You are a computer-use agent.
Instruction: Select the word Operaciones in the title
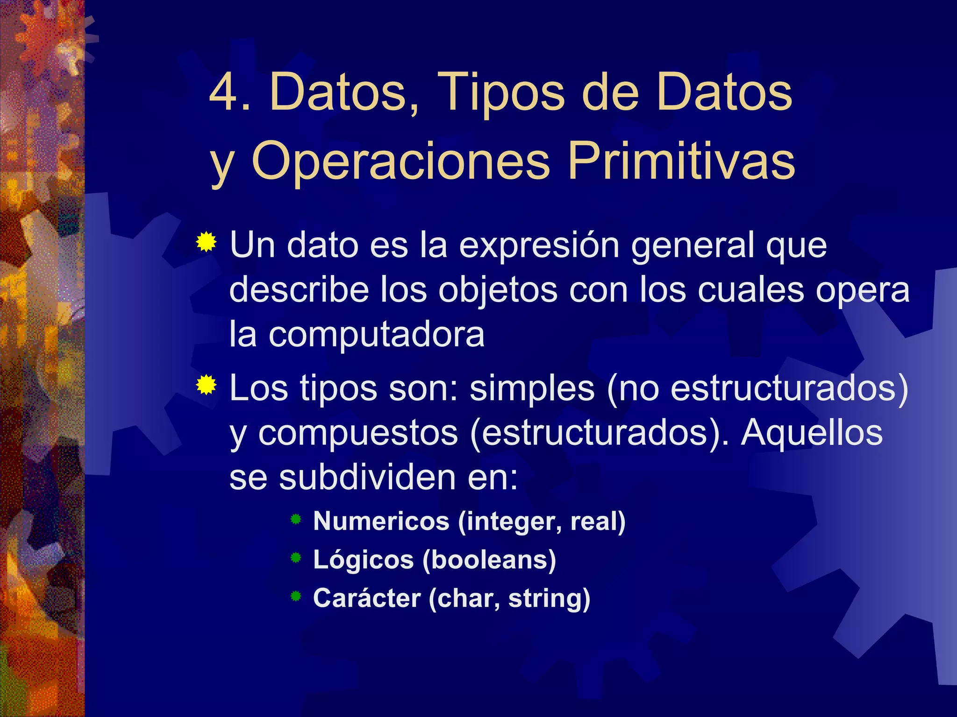401,162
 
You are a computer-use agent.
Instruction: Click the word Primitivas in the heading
681,162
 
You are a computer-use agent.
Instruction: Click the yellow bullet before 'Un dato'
206,242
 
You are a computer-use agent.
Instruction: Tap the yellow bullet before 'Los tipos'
206,386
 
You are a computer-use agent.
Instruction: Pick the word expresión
539,246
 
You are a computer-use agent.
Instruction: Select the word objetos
498,291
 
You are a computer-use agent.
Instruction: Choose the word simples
532,389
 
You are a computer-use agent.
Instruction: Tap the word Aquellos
812,433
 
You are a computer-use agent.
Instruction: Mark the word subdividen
367,478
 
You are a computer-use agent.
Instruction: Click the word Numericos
381,521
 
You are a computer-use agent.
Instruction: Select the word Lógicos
363,560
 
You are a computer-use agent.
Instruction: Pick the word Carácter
367,598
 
